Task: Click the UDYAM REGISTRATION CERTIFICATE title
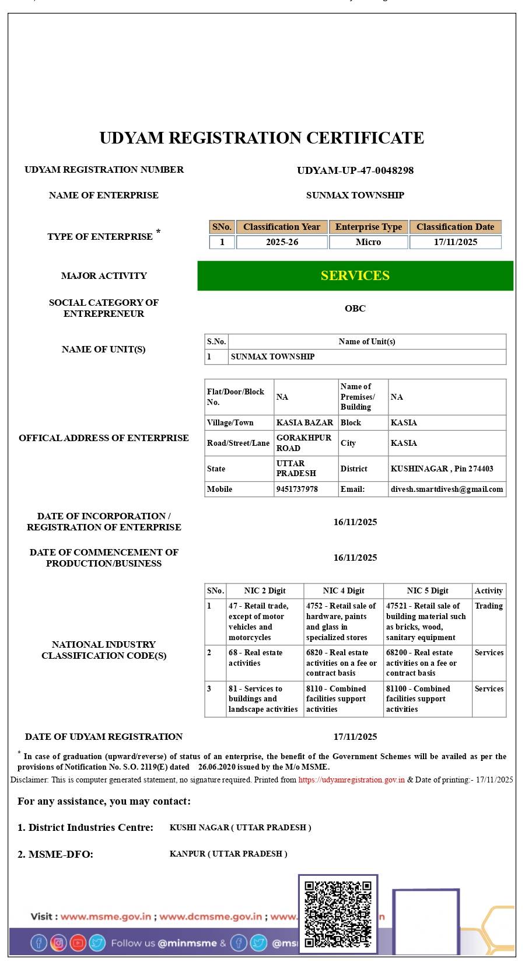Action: tap(261, 138)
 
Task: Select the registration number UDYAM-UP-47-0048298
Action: tap(355, 170)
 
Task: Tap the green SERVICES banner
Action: tap(355, 275)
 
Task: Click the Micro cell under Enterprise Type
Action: tap(368, 242)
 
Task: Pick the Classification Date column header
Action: tap(455, 227)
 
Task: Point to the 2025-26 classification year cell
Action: tap(282, 242)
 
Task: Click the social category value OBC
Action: tap(355, 308)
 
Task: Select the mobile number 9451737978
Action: tap(297, 489)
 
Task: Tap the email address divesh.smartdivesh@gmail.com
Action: tap(447, 489)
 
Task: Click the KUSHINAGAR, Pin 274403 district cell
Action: tap(442, 469)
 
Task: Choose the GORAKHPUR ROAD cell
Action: tap(304, 443)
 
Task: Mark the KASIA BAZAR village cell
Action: tap(304, 422)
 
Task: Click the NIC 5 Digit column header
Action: tap(428, 590)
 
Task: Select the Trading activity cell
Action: tap(489, 606)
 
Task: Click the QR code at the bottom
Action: tap(338, 914)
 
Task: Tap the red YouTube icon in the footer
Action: tap(78, 942)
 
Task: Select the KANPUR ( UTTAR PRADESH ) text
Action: tap(228, 854)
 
